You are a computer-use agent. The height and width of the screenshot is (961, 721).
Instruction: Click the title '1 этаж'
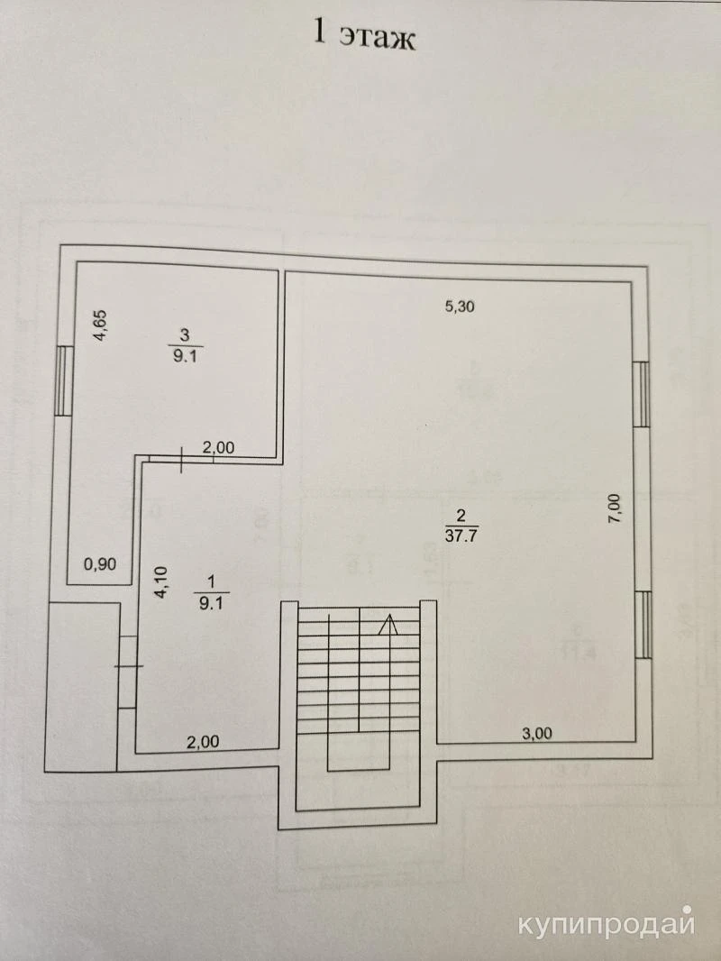tap(364, 35)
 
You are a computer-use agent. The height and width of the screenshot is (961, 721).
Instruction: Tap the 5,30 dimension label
tap(460, 307)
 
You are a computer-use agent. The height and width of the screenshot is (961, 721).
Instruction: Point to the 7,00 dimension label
tap(615, 508)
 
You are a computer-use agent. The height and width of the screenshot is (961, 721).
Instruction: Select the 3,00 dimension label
tap(536, 733)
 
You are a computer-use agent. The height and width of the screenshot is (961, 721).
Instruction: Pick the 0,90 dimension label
tap(100, 563)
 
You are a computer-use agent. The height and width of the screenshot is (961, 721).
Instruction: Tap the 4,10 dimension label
tap(160, 582)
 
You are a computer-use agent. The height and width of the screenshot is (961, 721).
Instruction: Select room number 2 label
tap(461, 515)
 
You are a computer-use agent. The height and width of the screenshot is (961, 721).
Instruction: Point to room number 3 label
tap(185, 334)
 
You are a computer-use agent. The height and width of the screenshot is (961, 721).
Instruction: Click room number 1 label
tap(211, 581)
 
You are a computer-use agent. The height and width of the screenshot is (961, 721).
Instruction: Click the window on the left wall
tap(65, 381)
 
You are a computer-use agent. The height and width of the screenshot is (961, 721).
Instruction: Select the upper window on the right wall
tap(641, 394)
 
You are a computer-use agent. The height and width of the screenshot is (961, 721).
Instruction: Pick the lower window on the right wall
tap(643, 625)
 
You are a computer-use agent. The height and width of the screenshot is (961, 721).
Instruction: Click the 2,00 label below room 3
tap(219, 447)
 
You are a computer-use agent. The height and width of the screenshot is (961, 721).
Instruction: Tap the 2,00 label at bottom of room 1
tap(204, 742)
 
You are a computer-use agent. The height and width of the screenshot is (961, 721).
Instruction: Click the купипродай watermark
tap(607, 925)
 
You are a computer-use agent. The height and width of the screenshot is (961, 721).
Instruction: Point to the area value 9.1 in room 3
tap(185, 355)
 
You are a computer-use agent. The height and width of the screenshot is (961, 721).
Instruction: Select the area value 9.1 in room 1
tap(211, 603)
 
